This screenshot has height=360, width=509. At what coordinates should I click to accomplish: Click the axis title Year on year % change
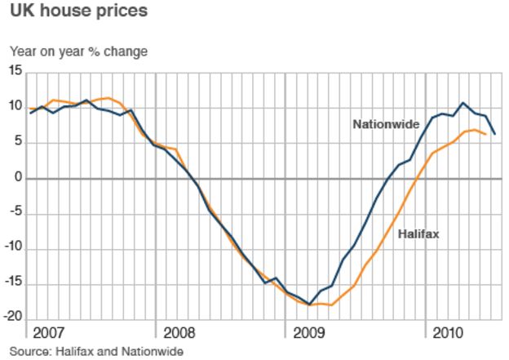[x=78, y=51]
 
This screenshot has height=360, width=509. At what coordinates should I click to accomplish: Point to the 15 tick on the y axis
[x=15, y=71]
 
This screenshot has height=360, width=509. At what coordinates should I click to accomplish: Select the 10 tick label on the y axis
[x=15, y=107]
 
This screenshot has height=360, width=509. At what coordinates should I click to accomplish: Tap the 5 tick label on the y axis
[x=19, y=143]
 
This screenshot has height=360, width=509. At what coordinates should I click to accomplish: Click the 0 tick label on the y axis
[x=19, y=178]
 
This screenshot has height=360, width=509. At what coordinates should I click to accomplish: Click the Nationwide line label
[x=386, y=125]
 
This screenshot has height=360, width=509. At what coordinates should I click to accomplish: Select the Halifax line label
[x=418, y=234]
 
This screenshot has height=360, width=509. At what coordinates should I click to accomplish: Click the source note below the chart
[x=97, y=351]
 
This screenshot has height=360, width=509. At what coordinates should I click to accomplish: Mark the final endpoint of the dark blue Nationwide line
[x=495, y=134]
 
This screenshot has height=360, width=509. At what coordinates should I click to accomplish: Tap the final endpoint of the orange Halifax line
[x=486, y=134]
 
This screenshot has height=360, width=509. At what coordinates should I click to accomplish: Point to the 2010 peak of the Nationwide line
[x=463, y=103]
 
